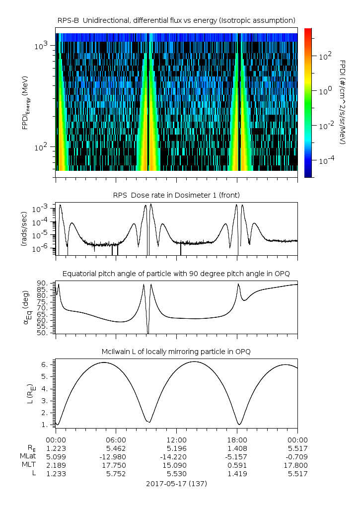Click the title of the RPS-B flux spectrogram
[x=176, y=20]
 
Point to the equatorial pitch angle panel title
[x=176, y=274]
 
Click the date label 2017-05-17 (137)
[x=176, y=483]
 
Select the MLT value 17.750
[x=116, y=465]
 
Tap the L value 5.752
[x=116, y=474]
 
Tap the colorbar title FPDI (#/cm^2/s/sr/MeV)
[x=343, y=102]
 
